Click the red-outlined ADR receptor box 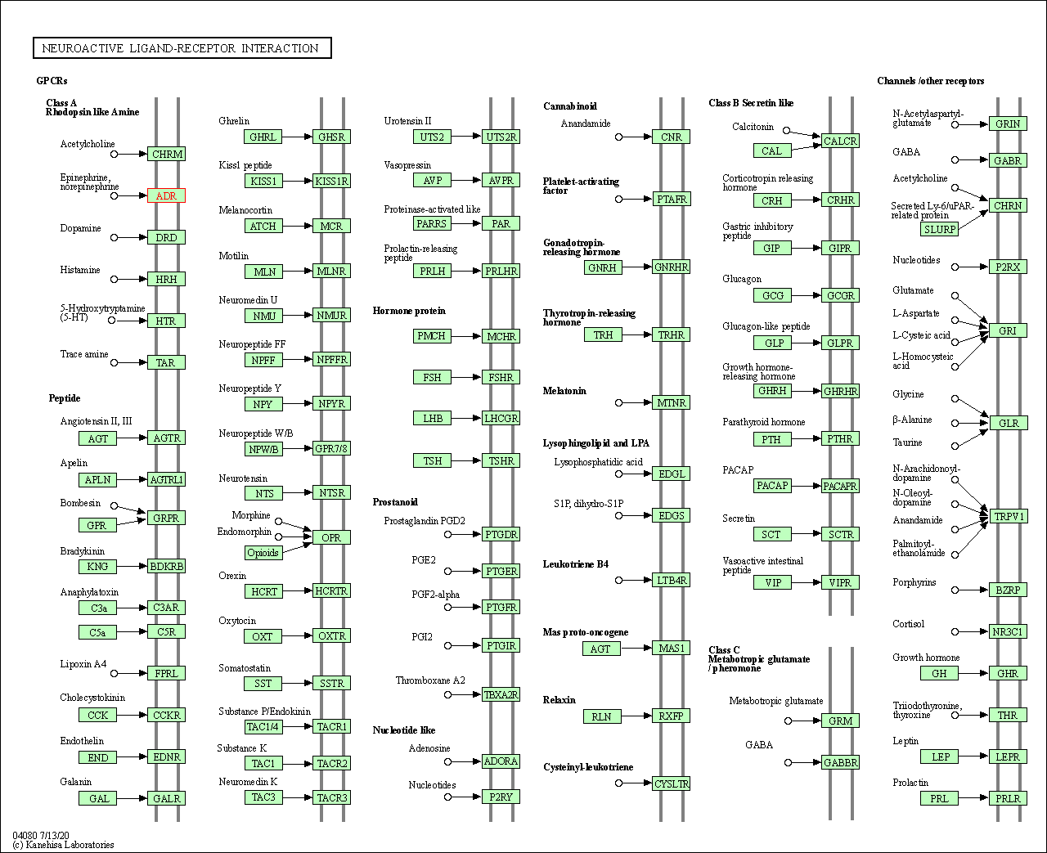click(x=166, y=195)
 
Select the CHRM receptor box click(x=166, y=154)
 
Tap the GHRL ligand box click(x=263, y=137)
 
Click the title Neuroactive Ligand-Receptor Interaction click(x=182, y=48)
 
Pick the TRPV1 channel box click(x=1008, y=516)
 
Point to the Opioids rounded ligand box click(x=263, y=553)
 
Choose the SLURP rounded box click(x=939, y=229)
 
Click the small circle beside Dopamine click(x=115, y=237)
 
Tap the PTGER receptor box click(x=501, y=571)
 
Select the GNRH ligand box click(x=602, y=267)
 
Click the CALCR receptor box click(x=840, y=141)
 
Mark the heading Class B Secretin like click(x=751, y=103)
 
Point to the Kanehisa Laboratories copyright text click(x=64, y=845)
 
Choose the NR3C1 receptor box click(x=1008, y=631)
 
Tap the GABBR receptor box click(x=840, y=762)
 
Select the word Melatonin click(x=564, y=391)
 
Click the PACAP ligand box click(x=772, y=486)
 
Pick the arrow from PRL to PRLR click(x=973, y=797)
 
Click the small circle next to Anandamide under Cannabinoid click(x=619, y=137)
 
